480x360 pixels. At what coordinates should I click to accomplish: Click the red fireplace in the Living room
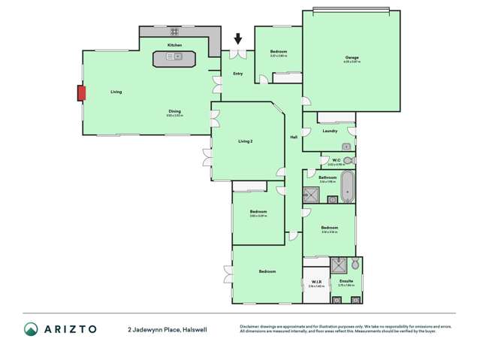(82, 92)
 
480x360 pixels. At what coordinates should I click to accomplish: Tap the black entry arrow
(239, 39)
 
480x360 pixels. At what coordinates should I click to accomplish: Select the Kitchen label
(174, 45)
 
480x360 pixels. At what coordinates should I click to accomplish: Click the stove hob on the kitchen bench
(174, 32)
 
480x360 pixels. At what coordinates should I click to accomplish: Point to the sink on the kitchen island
(175, 56)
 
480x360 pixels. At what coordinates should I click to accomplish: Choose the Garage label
(352, 57)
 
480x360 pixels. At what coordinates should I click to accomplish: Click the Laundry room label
(330, 131)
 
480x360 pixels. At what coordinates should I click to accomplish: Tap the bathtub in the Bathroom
(346, 187)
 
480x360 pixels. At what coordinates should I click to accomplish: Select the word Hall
(294, 136)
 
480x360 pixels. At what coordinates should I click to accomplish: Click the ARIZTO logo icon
(31, 329)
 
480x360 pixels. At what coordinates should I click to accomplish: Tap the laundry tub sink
(346, 146)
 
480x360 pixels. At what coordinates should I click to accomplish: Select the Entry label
(238, 74)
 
